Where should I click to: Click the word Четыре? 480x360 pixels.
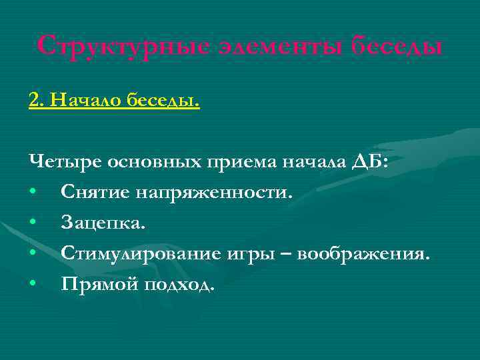coord(58,163)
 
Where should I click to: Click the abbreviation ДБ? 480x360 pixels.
coord(369,163)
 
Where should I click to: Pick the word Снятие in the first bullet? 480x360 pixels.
coord(95,193)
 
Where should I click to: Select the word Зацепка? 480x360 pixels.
coord(102,223)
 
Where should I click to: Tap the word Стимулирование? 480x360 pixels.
coord(141,254)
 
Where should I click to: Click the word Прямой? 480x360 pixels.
coord(97,285)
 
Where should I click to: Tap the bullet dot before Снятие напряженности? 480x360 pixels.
coord(33,194)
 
